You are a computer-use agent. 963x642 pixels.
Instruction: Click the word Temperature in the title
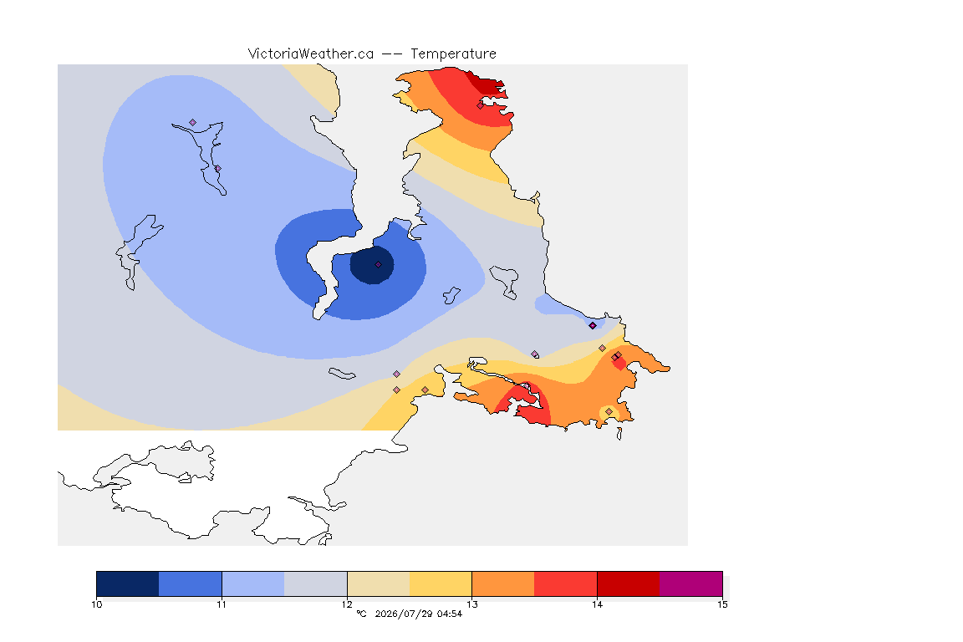[453, 54]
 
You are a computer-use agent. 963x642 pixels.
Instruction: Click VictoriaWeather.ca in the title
[311, 54]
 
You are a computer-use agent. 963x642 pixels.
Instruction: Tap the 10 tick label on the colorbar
[97, 604]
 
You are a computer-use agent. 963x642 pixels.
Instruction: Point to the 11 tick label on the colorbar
[222, 604]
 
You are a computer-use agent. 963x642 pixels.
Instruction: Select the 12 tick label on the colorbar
[347, 604]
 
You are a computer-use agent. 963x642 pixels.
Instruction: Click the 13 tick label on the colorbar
[471, 604]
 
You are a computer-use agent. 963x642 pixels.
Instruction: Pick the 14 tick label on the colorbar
[597, 604]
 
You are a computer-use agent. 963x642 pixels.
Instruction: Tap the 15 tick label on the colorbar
[722, 604]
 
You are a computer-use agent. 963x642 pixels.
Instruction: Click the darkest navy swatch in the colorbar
[128, 583]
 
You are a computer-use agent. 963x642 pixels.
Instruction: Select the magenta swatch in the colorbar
[691, 583]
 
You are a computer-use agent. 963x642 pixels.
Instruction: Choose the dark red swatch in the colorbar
[629, 583]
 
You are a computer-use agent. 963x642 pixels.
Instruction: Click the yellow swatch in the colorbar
[441, 583]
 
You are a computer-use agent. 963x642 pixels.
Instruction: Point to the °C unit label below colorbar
[361, 614]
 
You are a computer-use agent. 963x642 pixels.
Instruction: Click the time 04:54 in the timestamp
[450, 614]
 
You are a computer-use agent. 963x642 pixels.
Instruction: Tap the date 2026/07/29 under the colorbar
[404, 614]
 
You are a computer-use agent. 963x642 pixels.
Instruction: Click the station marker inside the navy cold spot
[379, 265]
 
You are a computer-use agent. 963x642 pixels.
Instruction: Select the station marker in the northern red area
[481, 105]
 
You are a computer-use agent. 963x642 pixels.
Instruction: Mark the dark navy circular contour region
[372, 265]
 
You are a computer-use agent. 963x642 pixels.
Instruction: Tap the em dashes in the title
[392, 54]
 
